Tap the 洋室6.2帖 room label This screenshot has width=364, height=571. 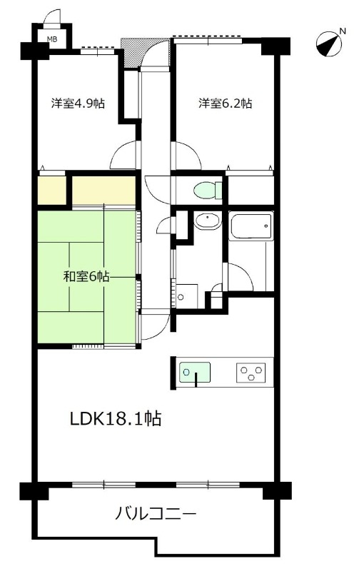(x=225, y=103)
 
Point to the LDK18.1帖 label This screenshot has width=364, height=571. (x=114, y=419)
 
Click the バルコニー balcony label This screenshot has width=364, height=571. (x=156, y=512)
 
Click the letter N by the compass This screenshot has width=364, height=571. (x=343, y=31)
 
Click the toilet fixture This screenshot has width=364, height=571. (x=208, y=191)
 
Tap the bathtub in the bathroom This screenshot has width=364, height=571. (x=251, y=228)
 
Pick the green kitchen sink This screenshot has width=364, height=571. (x=194, y=372)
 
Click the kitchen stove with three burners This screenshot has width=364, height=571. (x=251, y=372)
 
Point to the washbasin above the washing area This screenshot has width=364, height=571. (x=207, y=221)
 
